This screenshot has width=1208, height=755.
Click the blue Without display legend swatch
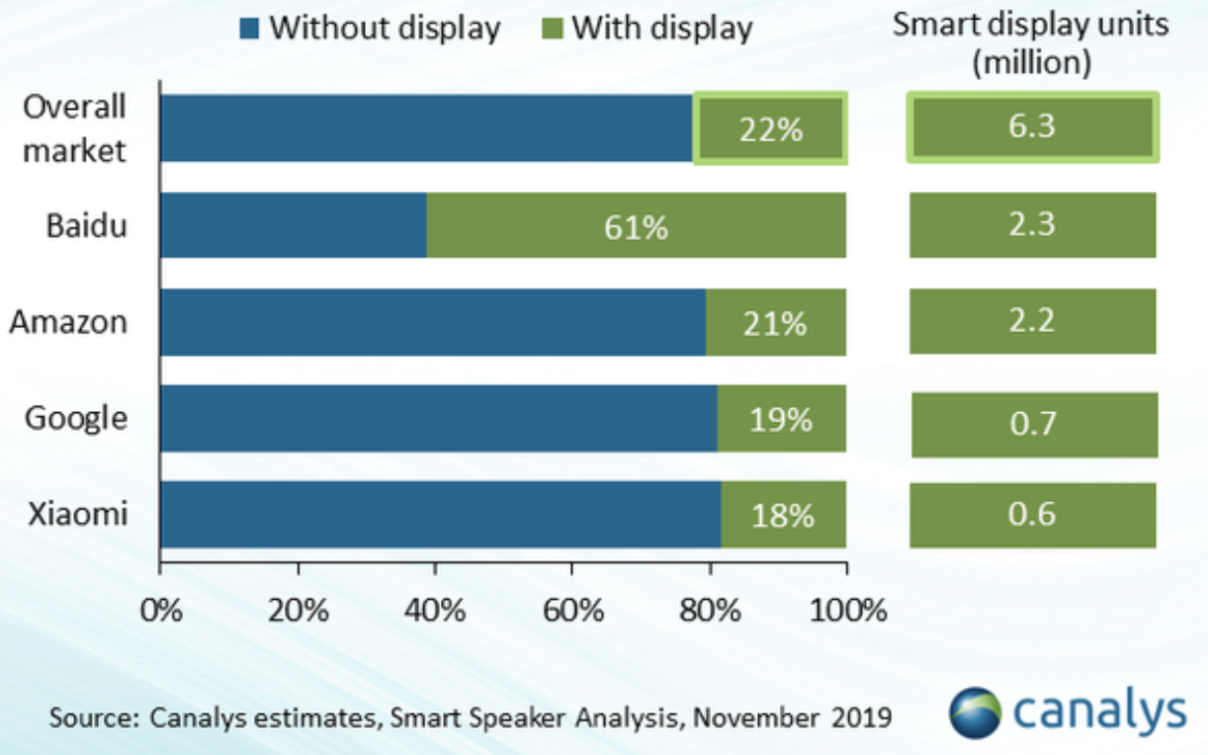(249, 28)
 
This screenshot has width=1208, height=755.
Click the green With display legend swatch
(553, 28)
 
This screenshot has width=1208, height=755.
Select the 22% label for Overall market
(771, 128)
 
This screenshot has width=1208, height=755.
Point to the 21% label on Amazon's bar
(776, 322)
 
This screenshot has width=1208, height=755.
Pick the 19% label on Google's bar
(781, 419)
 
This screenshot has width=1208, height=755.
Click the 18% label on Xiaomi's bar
(783, 515)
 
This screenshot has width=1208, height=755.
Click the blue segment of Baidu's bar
(293, 225)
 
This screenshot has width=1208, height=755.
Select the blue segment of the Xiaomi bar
(440, 515)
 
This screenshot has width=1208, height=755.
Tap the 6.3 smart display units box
(1033, 127)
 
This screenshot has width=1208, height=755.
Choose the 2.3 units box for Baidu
(1033, 225)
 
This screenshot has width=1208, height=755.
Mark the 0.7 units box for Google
(1034, 425)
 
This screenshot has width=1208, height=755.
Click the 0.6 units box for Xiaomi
(1033, 515)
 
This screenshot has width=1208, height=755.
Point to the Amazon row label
(68, 321)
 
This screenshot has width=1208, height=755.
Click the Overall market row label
(75, 128)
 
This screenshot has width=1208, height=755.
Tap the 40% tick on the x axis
(435, 610)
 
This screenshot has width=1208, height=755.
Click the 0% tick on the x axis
(161, 610)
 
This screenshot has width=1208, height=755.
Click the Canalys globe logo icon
(974, 712)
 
